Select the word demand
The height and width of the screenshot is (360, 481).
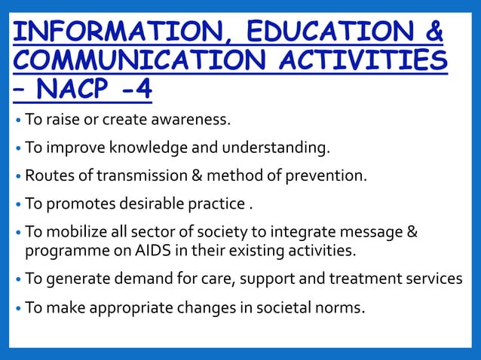point(146,279)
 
